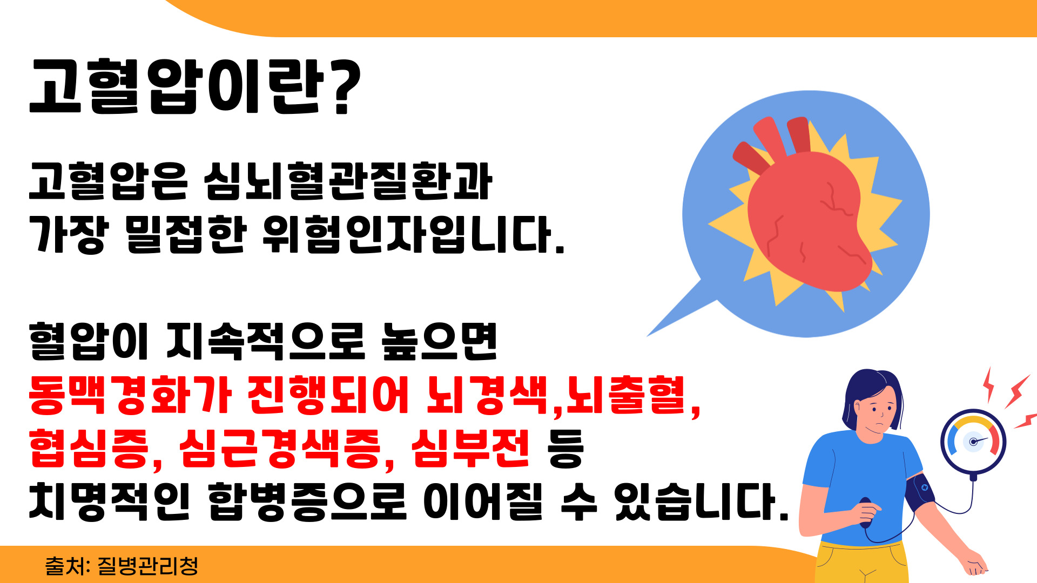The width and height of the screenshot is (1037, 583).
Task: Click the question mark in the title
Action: click(345, 87)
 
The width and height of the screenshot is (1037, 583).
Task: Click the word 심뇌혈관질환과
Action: click(348, 181)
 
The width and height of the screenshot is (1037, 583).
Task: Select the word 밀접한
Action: click(186, 235)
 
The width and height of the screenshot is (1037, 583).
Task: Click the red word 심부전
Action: click(470, 449)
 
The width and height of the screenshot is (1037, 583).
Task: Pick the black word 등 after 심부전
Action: click(565, 449)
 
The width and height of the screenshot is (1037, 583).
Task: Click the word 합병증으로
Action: click(306, 501)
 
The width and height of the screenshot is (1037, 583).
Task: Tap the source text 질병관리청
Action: click(147, 566)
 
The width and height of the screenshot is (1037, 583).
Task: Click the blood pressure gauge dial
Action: click(973, 441)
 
